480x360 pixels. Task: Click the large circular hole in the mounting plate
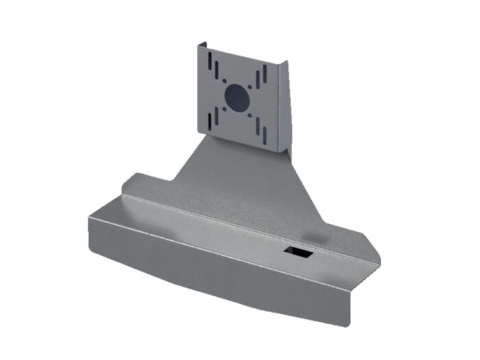point(238,97)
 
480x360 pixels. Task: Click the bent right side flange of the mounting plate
point(284,103)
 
